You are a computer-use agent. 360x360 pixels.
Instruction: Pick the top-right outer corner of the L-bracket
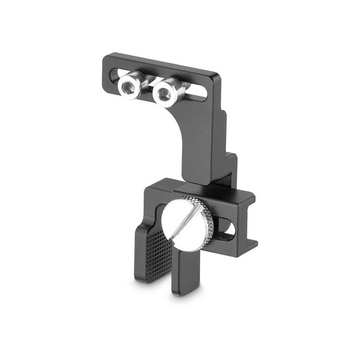click(220, 77)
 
